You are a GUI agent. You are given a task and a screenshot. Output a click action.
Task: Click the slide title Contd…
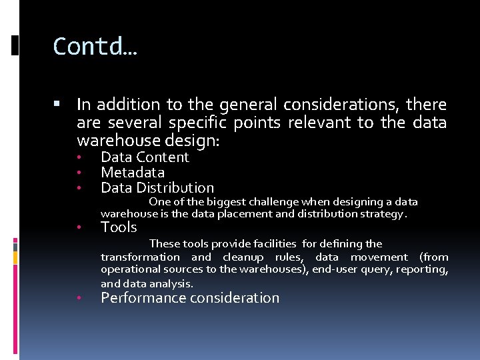[95, 47]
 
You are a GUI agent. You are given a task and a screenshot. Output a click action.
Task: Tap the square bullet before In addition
[57, 105]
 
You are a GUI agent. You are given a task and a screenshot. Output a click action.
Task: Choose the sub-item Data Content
[145, 157]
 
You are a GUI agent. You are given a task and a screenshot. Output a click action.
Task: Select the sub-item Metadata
[132, 173]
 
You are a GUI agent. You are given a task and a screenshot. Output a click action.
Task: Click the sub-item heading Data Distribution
[157, 188]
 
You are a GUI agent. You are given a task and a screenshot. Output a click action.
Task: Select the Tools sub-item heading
[119, 227]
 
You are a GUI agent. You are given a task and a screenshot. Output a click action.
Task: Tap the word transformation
[140, 257]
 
